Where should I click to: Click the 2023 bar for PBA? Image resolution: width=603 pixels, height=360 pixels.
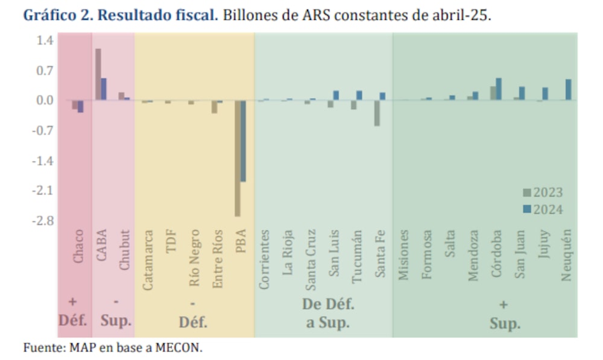pos(238,158)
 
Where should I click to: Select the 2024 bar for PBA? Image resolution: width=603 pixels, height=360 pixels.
pos(243,141)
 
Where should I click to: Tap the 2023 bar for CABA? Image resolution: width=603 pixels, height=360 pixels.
pos(98,74)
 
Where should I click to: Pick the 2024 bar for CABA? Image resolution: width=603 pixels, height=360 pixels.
pos(104,89)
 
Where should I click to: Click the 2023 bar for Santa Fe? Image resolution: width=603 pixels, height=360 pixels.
pos(377,113)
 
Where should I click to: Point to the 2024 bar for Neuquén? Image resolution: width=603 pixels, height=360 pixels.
pos(568,90)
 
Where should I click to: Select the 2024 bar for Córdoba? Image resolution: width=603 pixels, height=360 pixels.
pos(499,89)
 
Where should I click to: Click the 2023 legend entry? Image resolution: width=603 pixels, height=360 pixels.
pos(543,193)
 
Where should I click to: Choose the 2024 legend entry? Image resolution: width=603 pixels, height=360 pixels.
pos(543,209)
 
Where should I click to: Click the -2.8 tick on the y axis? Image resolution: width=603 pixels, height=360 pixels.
pos(44,221)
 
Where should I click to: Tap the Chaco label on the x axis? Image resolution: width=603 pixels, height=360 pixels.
pos(78,247)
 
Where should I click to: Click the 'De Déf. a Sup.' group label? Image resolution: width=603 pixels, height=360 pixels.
pos(327,314)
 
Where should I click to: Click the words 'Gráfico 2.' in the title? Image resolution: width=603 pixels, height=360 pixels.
pos(58,15)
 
